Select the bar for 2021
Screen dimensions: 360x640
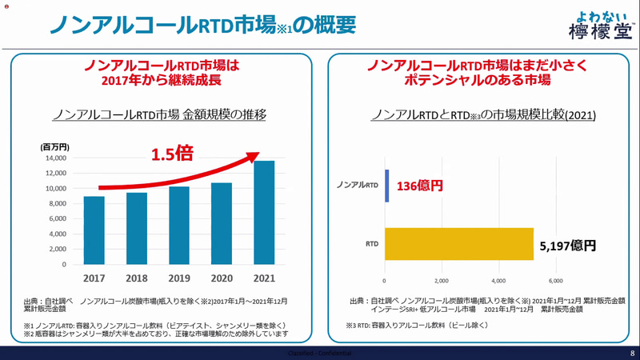click(264, 212)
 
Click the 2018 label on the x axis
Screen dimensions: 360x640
click(137, 279)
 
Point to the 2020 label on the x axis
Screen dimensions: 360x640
click(222, 279)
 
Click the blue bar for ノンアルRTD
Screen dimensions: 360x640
click(386, 186)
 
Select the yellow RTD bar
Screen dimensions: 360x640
click(458, 244)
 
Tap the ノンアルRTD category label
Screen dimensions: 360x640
click(359, 186)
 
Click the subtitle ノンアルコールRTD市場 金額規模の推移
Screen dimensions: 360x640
click(158, 114)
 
